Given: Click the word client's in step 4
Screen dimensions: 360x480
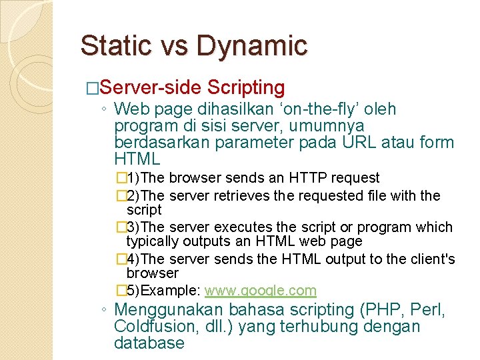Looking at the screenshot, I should point(432,259).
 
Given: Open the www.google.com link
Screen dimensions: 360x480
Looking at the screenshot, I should point(260,291).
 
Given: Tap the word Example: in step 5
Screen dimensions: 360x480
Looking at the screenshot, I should point(171,291).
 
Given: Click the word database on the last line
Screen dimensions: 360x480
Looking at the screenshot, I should point(149,343).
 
